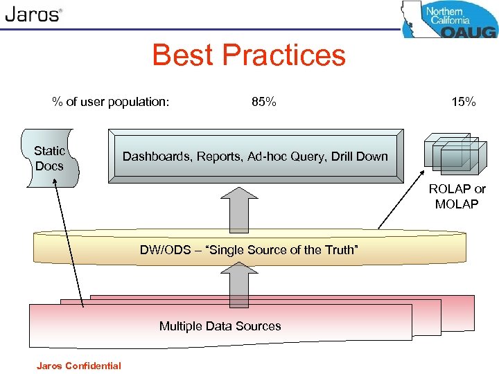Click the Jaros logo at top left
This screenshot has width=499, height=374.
pos(33,15)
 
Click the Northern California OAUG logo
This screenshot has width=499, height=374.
pos(448,19)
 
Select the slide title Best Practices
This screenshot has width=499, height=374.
pos(248,55)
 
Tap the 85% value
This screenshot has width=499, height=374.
pos(263,103)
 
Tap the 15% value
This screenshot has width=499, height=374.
pos(463,103)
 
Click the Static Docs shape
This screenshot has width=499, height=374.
pos(50,158)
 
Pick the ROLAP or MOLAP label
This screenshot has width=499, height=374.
pos(457,196)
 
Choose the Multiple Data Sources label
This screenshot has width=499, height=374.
pos(220,326)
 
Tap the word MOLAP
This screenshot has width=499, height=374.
pos(457,203)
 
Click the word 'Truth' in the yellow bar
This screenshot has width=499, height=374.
pos(341,250)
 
